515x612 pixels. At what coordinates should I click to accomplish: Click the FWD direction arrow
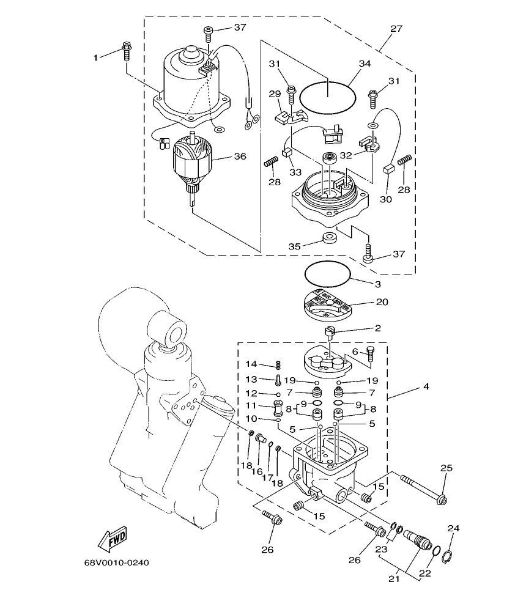112,539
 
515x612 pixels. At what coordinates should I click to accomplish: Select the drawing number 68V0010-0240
116,562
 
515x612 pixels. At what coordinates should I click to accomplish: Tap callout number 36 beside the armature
239,156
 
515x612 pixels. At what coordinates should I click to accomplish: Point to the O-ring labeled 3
327,271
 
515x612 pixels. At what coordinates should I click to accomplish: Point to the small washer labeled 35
329,237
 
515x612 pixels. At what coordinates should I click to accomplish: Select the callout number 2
377,328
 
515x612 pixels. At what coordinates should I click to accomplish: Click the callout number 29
275,94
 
